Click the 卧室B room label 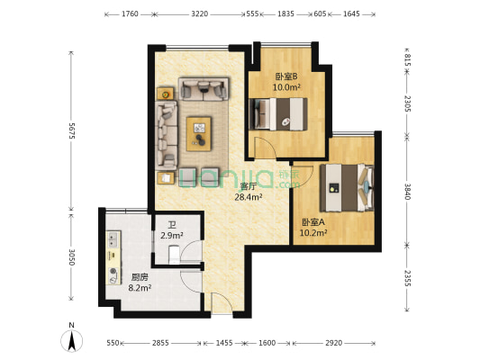pyautogui.click(x=286, y=76)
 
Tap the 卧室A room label pyautogui.click(x=312, y=221)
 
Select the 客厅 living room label pyautogui.click(x=248, y=186)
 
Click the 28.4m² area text pyautogui.click(x=248, y=196)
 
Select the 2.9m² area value pyautogui.click(x=171, y=236)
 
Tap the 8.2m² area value pyautogui.click(x=138, y=288)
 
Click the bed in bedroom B pyautogui.click(x=279, y=114)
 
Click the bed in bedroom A pyautogui.click(x=347, y=187)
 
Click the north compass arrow pyautogui.click(x=70, y=339)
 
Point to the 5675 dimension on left pyautogui.click(x=70, y=130)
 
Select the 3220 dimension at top pyautogui.click(x=200, y=14)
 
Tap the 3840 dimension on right pyautogui.click(x=407, y=191)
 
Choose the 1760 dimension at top pyautogui.click(x=129, y=14)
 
